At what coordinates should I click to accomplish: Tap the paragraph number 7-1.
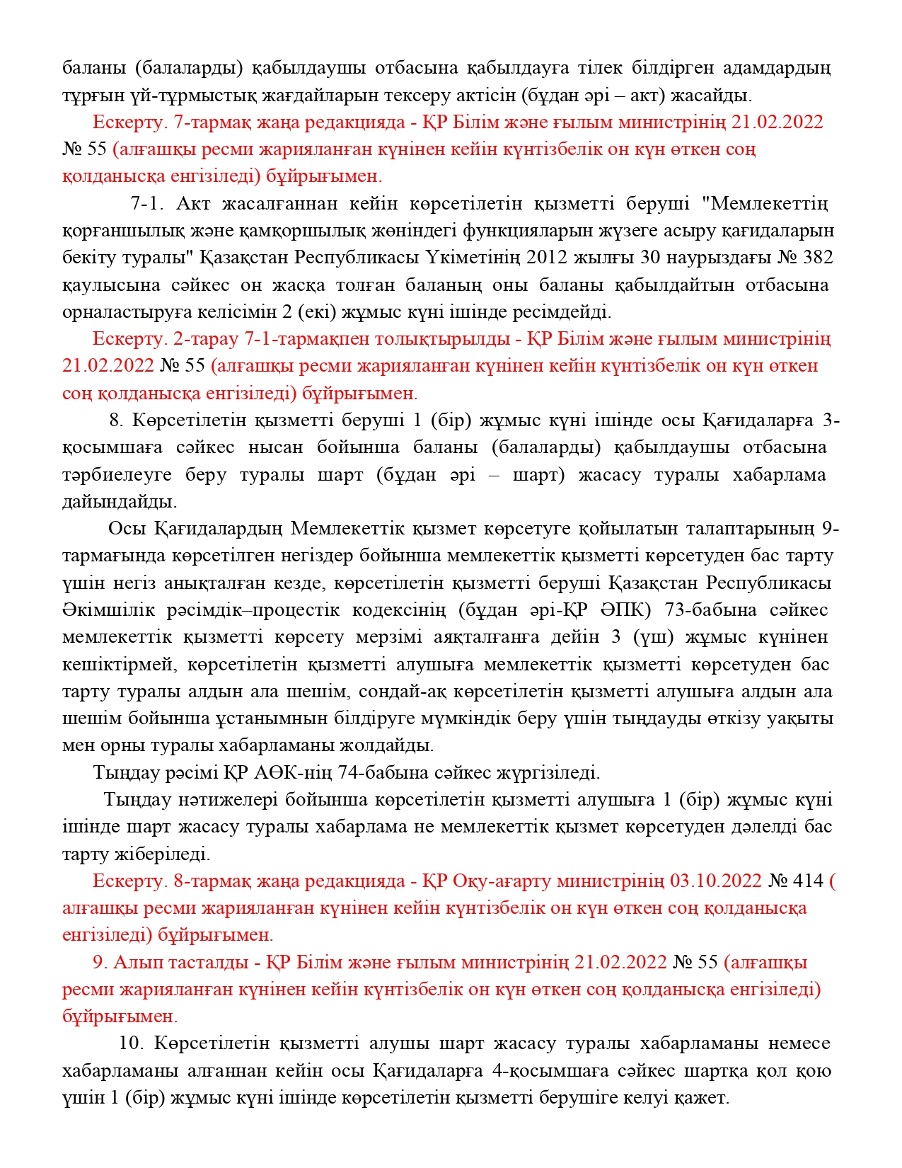pyautogui.click(x=147, y=204)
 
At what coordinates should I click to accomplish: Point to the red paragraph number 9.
pyautogui.click(x=100, y=962)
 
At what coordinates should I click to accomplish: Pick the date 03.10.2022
pyautogui.click(x=716, y=881)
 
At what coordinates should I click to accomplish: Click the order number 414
pyautogui.click(x=809, y=881)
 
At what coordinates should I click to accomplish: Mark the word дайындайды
pyautogui.click(x=120, y=502)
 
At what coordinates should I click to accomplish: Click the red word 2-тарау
pyautogui.click(x=206, y=339)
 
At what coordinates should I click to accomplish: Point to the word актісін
pyautogui.click(x=537, y=95)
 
